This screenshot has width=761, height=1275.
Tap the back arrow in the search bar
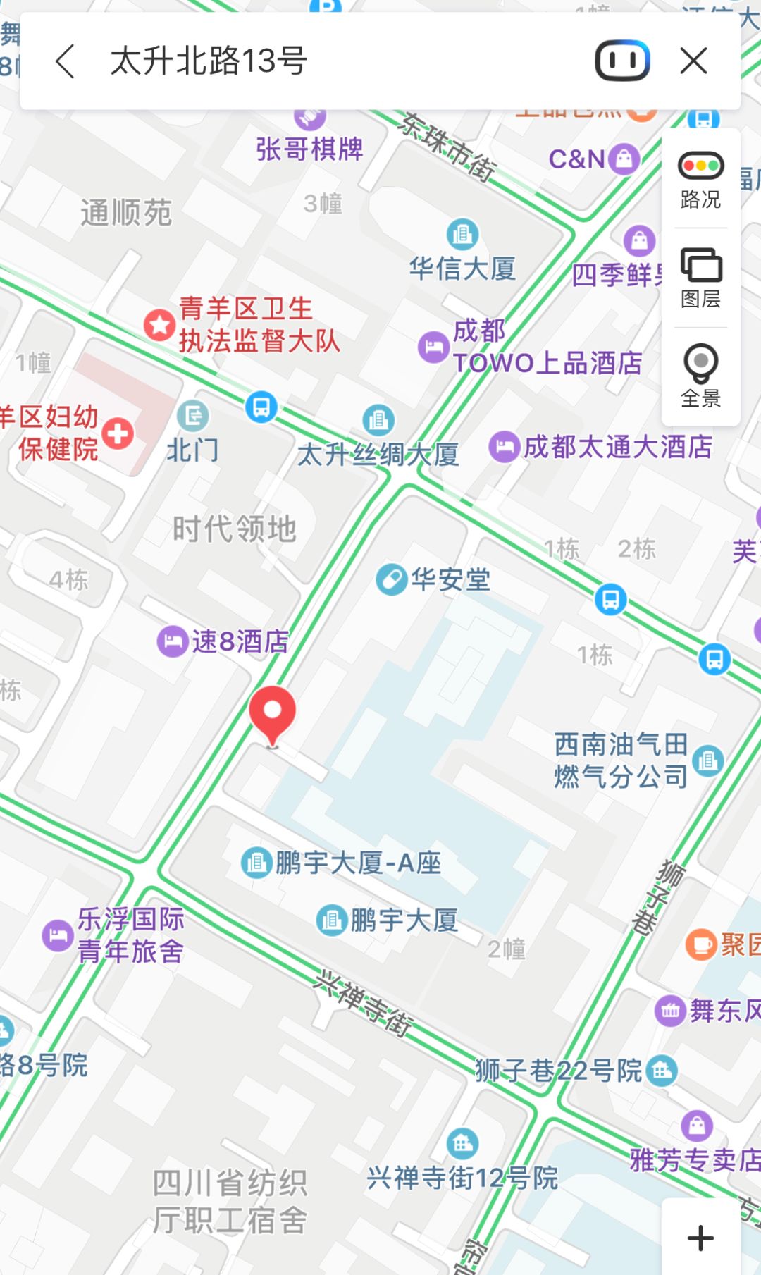tap(65, 61)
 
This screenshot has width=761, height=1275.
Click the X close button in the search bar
tap(693, 61)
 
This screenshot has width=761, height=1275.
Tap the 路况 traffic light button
tap(700, 179)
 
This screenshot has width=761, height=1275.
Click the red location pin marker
tap(273, 713)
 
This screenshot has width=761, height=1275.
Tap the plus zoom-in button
tap(700, 1238)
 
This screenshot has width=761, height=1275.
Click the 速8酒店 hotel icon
tap(172, 641)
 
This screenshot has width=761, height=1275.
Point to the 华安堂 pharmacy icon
tap(391, 579)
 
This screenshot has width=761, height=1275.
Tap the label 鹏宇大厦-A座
tap(358, 863)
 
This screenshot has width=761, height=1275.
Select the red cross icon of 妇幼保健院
tap(118, 433)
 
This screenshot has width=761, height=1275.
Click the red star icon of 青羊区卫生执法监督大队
tap(159, 325)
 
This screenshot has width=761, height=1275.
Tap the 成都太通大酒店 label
tap(617, 447)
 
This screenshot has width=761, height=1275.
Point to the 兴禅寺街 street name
tap(364, 1003)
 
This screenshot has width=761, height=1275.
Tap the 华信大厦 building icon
tap(462, 233)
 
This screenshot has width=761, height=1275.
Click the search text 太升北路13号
tap(209, 61)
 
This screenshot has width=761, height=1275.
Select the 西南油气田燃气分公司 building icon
tap(707, 760)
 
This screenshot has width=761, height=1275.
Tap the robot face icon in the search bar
tap(622, 61)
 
